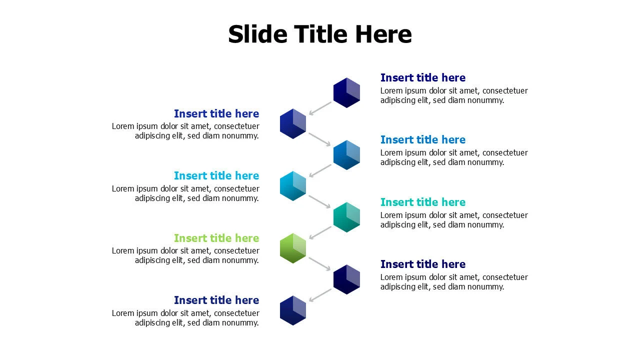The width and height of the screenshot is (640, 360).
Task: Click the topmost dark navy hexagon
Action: coord(346,92)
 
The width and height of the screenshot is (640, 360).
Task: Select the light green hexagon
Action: coord(292,248)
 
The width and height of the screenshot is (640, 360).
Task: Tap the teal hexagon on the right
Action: coord(346,217)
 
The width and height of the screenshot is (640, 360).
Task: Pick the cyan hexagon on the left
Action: coord(292,185)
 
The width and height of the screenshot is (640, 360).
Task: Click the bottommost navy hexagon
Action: coord(292,310)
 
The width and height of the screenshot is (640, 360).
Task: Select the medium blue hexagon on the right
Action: coord(346,155)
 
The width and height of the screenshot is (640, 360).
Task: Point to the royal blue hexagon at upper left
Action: coord(292,123)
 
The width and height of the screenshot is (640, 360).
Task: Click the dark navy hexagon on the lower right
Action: coord(346,279)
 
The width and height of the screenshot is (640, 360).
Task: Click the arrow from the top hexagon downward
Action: coord(320,108)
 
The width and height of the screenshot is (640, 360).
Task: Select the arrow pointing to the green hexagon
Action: coord(320,233)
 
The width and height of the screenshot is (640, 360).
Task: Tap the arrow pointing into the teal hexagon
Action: coord(320,201)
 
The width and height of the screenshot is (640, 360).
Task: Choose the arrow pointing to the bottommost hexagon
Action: coord(320,295)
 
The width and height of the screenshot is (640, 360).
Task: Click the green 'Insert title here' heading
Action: coord(216,238)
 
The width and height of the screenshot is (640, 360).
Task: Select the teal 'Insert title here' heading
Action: coord(422,202)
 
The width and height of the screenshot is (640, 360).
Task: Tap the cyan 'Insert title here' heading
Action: coord(216,175)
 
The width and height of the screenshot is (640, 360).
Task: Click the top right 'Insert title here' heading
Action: coord(422,77)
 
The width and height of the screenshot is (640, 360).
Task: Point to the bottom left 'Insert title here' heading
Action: coord(216,300)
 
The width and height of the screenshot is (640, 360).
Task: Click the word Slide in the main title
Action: coord(257,34)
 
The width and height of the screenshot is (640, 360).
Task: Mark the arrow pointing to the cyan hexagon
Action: coord(320,170)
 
